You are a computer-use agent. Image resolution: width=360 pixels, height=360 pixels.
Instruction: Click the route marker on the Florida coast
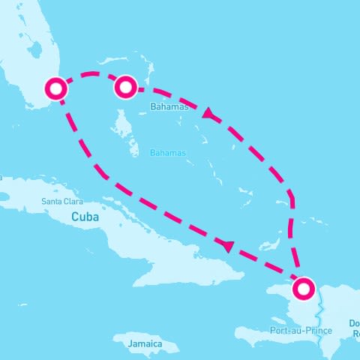pos(56,88)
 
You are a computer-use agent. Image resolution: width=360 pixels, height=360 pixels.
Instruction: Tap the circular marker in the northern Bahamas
pos(124,88)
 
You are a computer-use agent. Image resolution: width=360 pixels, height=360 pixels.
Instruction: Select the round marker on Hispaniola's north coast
pos(304,289)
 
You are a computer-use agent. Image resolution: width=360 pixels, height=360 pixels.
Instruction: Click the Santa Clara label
pos(63,201)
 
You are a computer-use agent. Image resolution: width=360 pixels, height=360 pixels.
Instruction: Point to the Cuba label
pos(85,216)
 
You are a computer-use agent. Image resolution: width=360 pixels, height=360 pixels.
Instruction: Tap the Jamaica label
pos(145,344)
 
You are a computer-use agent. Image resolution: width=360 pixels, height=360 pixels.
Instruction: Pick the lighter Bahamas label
pos(167,153)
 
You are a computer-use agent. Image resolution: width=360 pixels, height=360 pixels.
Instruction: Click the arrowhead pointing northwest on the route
pos(208,114)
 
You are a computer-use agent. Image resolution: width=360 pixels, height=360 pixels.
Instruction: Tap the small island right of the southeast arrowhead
pos(265,245)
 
